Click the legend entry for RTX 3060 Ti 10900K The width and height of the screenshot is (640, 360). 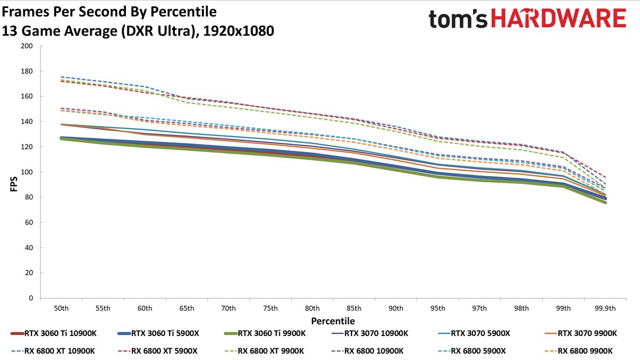[53, 333]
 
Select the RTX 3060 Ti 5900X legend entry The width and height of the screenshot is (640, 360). [158, 333]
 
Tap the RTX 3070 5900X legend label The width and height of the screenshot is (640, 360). [474, 333]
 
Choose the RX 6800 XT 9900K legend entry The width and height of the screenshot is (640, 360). [265, 350]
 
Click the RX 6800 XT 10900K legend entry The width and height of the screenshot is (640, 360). [53, 350]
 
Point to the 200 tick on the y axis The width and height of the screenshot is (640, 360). [27, 46]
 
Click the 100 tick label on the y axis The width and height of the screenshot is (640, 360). [27, 172]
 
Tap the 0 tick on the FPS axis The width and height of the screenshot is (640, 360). [30, 298]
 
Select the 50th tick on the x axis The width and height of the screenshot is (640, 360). [61, 308]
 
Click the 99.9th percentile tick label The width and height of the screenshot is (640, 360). [605, 308]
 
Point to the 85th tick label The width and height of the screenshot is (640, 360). [354, 308]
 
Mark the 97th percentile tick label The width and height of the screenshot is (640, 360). [479, 308]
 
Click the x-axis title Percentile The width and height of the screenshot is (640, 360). [333, 321]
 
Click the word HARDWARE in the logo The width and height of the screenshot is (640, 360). [558, 18]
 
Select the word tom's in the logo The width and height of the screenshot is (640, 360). [458, 19]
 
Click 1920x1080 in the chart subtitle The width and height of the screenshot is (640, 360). [238, 31]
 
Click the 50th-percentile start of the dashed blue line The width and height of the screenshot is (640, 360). [61, 77]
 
